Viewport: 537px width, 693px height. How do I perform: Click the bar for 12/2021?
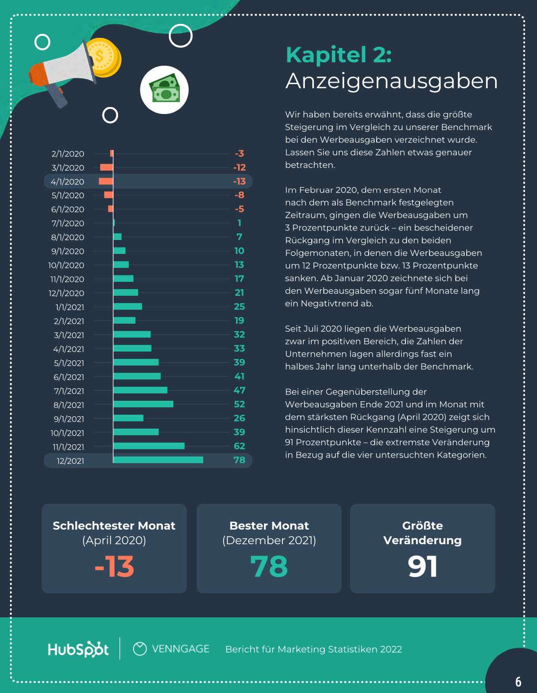[158, 460]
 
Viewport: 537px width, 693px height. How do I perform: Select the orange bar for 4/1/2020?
[106, 181]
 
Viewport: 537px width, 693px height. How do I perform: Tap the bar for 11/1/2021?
[149, 446]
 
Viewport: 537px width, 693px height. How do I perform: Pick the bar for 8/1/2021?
[143, 404]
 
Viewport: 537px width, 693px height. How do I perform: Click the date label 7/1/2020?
[68, 224]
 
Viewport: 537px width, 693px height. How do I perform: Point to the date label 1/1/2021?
[70, 307]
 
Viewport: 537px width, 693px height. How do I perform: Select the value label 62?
[240, 446]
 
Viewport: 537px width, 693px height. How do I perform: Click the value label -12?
[240, 168]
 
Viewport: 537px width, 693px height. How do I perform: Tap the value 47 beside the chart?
[240, 390]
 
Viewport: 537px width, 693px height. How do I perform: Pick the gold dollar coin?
[104, 57]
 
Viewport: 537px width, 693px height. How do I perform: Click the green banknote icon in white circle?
[164, 90]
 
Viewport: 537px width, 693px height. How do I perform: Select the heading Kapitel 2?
[339, 55]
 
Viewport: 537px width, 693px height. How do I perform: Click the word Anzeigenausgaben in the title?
[392, 81]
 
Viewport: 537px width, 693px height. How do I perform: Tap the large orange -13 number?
[114, 567]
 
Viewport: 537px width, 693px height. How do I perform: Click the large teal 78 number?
[269, 567]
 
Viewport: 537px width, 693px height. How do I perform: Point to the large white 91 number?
[422, 567]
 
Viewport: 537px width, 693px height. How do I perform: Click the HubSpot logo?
[78, 649]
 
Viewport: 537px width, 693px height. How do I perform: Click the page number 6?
[518, 682]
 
